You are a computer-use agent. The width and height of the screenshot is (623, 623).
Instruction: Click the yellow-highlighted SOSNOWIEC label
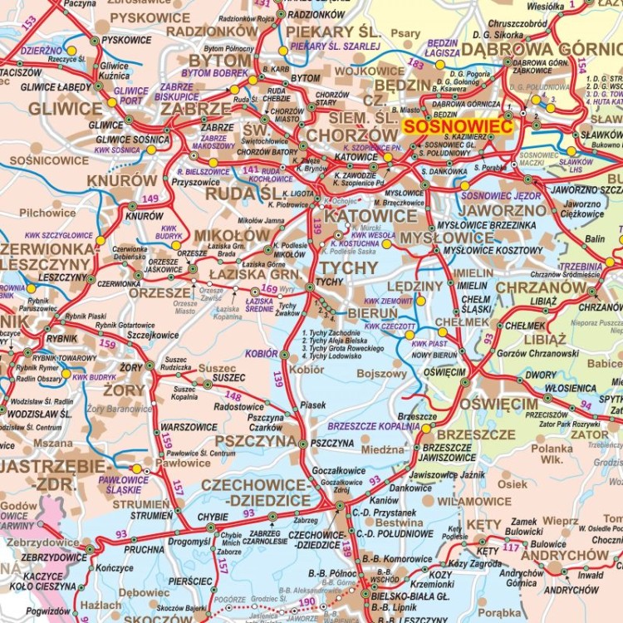coord(458,125)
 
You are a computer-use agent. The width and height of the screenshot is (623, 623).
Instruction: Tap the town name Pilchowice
coord(47,213)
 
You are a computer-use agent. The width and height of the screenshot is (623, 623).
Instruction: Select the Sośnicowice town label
coord(48,159)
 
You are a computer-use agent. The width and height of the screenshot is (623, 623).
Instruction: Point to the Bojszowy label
coord(381,375)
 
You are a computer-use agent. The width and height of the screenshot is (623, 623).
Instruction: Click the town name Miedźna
coord(383,449)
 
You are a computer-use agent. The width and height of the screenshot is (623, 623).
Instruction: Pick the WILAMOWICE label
coord(473,502)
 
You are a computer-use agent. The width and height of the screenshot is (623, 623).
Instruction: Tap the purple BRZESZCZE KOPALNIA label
coord(377,425)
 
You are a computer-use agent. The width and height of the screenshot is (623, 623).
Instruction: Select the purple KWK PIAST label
coord(429,343)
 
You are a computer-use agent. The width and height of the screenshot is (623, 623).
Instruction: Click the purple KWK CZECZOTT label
coord(390,326)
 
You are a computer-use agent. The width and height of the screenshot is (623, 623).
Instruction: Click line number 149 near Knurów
coord(150,198)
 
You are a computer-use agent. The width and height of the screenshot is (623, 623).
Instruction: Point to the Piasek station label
coord(313,405)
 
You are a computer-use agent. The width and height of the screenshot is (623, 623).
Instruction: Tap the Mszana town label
coord(53,444)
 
